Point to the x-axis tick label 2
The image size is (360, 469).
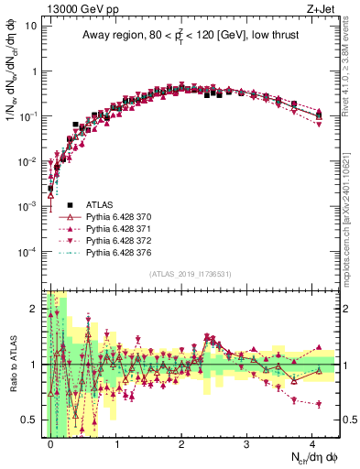coord(180,443)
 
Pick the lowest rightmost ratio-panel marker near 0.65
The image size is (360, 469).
coord(319,404)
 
